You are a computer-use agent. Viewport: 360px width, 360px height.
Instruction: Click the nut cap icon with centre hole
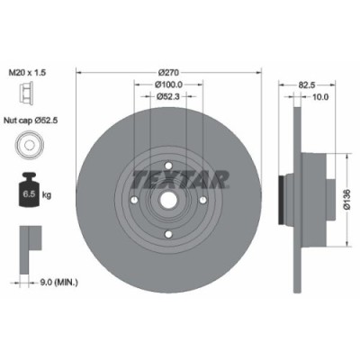32,146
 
